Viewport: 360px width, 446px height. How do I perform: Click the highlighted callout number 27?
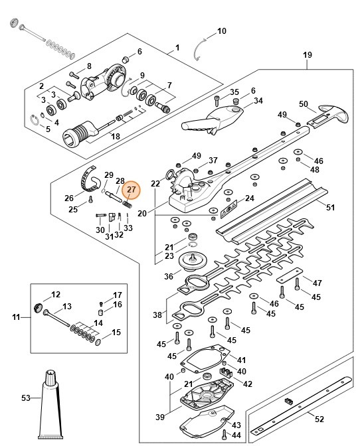[131, 190]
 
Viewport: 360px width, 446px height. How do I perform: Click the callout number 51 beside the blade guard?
[330, 207]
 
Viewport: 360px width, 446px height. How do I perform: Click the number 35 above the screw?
[234, 91]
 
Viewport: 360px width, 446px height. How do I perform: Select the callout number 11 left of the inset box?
[17, 318]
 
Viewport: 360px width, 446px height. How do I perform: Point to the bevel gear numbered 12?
[39, 307]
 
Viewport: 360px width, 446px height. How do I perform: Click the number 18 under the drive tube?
[115, 136]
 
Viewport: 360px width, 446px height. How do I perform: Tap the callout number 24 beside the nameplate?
[250, 198]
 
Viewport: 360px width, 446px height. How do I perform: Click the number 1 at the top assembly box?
[177, 48]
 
